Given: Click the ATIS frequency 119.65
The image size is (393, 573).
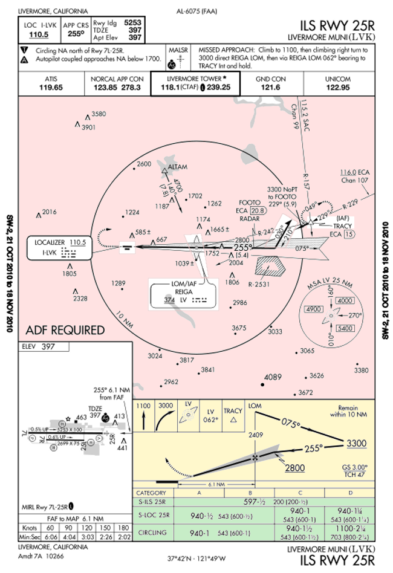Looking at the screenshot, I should (51, 87).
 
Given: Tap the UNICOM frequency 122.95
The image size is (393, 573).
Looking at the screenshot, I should (338, 87).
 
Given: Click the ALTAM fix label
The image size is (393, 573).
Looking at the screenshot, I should (178, 166).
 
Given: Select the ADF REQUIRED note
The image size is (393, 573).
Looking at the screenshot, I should (65, 330).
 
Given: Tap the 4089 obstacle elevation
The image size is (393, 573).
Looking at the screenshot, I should (272, 377).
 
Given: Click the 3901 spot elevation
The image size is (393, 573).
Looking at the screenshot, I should (89, 128).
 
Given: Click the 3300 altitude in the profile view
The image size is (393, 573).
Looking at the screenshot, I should (356, 444).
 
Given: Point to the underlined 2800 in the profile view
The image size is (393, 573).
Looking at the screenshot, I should (294, 467).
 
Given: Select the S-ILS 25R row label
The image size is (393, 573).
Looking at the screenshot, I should (152, 502).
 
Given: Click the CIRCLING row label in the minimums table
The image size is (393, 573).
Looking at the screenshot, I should (152, 534).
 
